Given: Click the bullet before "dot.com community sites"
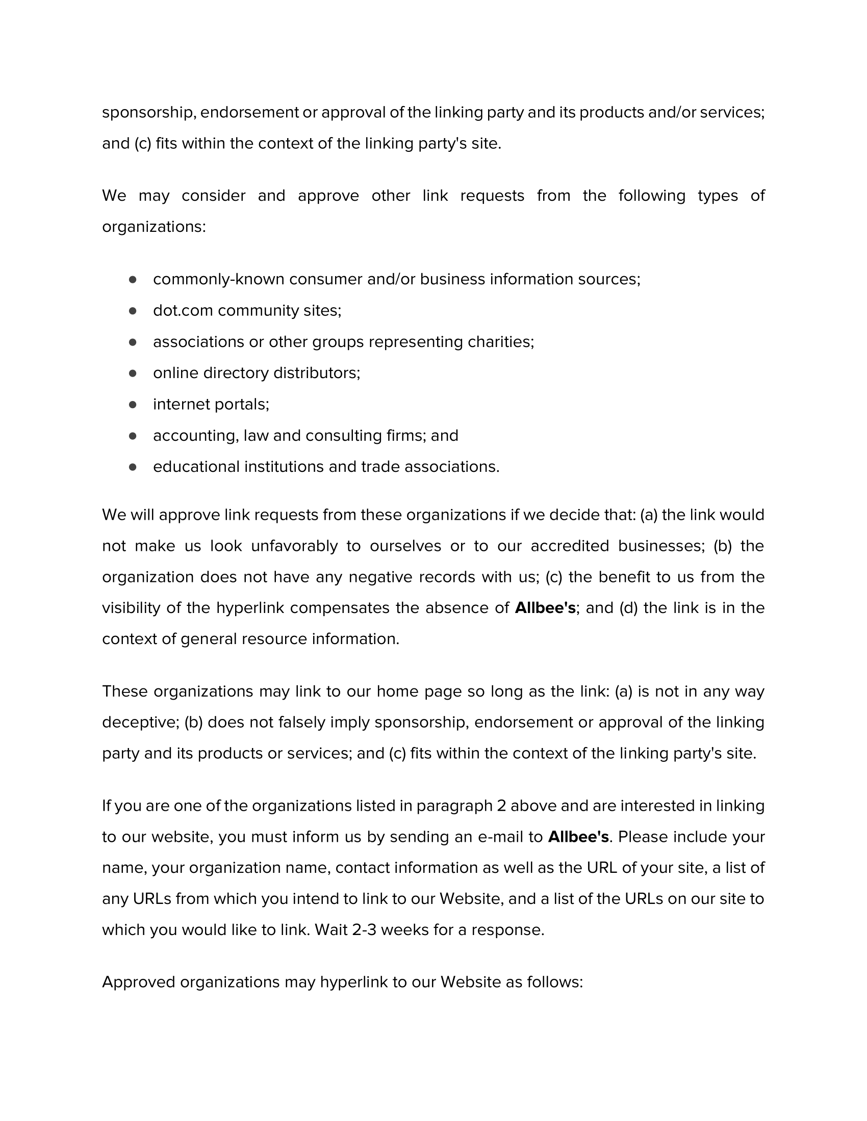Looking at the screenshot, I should pyautogui.click(x=133, y=310).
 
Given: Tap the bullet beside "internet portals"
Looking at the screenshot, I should pyautogui.click(x=133, y=405).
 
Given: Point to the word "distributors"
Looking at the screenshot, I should pyautogui.click(x=316, y=373).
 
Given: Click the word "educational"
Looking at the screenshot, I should pyautogui.click(x=196, y=467).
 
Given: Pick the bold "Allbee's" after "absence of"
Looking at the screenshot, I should pyautogui.click(x=545, y=608).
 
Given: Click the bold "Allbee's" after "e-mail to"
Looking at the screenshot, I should pyautogui.click(x=578, y=837).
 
